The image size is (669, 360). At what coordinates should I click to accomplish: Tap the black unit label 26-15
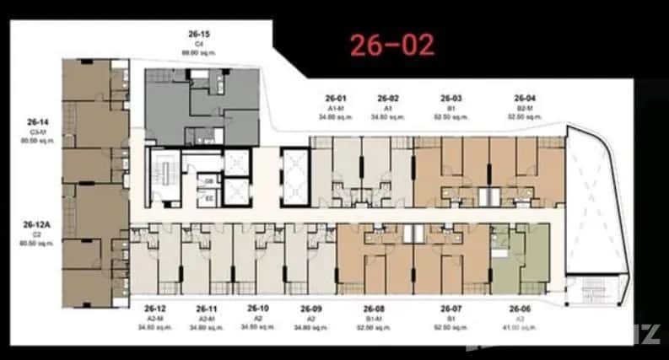(199, 34)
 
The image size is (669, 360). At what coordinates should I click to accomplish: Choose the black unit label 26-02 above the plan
(388, 98)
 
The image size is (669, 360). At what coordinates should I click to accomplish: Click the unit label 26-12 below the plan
(155, 309)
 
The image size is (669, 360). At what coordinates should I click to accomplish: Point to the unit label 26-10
(258, 309)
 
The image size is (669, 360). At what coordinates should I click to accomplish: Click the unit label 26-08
(375, 309)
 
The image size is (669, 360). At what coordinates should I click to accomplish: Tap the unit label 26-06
(520, 309)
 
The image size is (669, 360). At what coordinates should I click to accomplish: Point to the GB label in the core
(208, 181)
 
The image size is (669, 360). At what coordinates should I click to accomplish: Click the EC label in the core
(208, 199)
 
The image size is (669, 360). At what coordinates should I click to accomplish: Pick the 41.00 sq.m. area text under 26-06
(520, 327)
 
